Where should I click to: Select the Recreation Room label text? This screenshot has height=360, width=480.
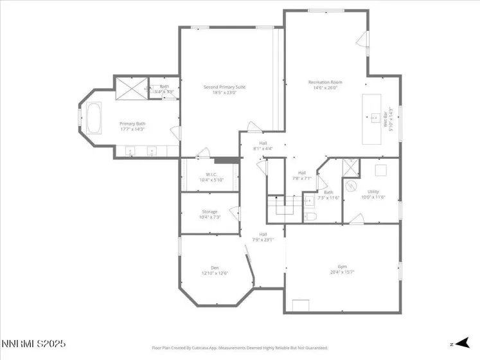[324, 84]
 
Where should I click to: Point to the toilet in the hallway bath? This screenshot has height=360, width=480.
[311, 217]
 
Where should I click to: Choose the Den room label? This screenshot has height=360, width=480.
[215, 270]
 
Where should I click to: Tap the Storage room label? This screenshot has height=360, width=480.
[209, 214]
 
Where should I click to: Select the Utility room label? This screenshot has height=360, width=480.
[373, 194]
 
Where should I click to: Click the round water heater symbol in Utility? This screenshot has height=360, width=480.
[351, 186]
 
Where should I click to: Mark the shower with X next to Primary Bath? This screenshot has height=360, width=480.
[132, 88]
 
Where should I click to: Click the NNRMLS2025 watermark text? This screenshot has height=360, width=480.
[33, 345]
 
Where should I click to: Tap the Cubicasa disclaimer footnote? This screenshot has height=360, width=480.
[240, 348]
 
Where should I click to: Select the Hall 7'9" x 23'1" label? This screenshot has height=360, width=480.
[263, 237]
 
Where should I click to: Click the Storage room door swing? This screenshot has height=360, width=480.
[236, 213]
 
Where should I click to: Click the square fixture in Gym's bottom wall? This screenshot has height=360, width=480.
[300, 305]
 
